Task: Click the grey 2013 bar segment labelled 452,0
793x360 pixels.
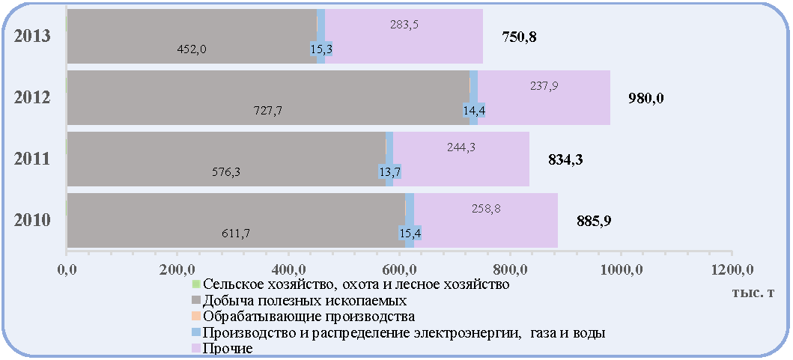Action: tap(192, 37)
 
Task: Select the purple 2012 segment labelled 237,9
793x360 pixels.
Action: tap(544, 97)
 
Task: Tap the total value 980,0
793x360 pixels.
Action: tap(645, 99)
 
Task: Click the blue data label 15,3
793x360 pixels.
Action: tap(320, 49)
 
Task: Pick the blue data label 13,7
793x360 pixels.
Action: tap(389, 172)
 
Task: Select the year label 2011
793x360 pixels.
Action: tap(32, 159)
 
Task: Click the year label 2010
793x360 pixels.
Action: tap(32, 221)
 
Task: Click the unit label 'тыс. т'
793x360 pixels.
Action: tap(753, 294)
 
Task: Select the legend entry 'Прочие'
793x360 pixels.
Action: tap(222, 348)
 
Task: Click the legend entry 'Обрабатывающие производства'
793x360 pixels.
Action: tap(304, 317)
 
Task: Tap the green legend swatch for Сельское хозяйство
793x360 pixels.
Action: tap(196, 284)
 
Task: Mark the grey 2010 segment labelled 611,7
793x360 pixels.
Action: tap(236, 221)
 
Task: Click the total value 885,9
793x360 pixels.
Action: tap(594, 221)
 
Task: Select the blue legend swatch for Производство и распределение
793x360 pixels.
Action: tap(196, 333)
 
